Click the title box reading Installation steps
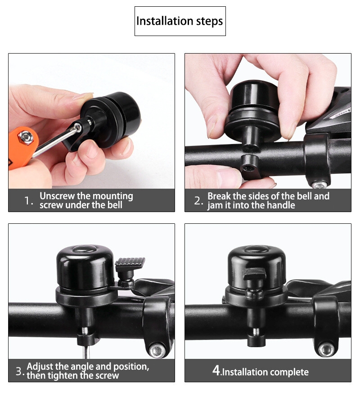click(180, 21)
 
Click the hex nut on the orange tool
click(25, 137)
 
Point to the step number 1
click(28, 200)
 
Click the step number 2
click(198, 200)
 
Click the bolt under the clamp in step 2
click(319, 184)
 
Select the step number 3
click(20, 371)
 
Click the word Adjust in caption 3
click(40, 367)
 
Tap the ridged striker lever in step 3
click(130, 263)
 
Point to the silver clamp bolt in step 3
click(157, 350)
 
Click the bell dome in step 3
click(85, 266)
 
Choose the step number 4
click(216, 371)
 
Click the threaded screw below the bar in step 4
click(256, 331)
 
